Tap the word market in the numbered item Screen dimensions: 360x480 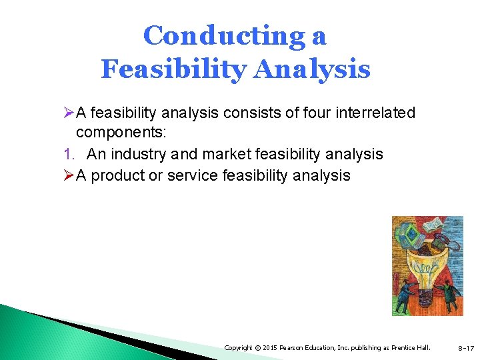point(226,154)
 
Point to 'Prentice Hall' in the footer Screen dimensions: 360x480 point(413,347)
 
